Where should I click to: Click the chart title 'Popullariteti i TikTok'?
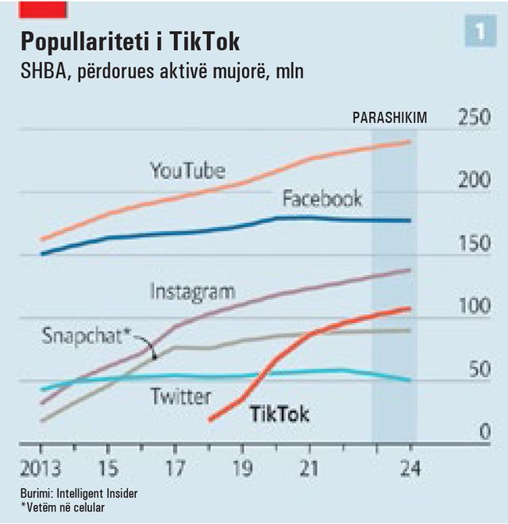pos(129,41)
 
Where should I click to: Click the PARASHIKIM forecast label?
pos(390,118)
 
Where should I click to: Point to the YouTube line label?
pos(188,170)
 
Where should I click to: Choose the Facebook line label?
pos(322,198)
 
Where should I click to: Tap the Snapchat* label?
pos(86,334)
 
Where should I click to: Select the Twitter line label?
pos(181,395)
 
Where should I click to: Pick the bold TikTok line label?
pos(279,414)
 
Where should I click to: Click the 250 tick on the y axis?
pos(475,118)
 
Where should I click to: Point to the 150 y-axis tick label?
pos(475,244)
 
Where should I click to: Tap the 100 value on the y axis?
pos(475,306)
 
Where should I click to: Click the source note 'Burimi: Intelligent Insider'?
pos(79,493)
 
